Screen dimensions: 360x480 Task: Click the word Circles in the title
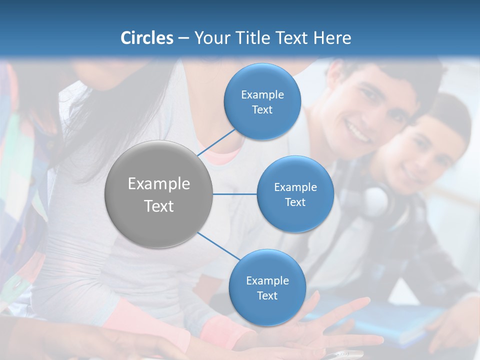(x=146, y=38)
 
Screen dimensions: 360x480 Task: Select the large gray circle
(x=159, y=194)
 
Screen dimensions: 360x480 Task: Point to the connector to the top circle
(x=216, y=142)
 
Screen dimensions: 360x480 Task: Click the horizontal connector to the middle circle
(x=234, y=194)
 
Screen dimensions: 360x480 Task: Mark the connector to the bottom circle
(x=220, y=246)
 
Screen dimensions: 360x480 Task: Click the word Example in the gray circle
(x=159, y=184)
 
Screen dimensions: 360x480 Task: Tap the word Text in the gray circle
(x=159, y=206)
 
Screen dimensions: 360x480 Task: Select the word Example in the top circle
(x=262, y=94)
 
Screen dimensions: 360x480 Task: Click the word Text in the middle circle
(x=295, y=202)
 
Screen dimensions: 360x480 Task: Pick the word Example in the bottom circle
(x=267, y=280)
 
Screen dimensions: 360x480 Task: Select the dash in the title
(x=183, y=38)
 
